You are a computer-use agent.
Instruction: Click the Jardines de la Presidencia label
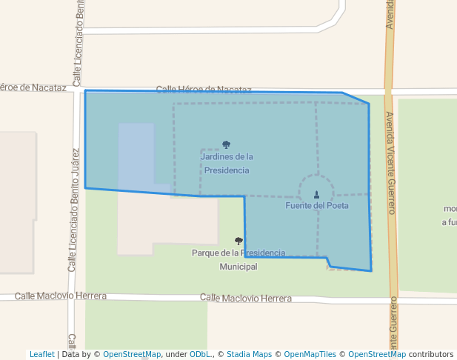coord(227,163)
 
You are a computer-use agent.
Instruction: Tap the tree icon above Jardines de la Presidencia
coord(226,145)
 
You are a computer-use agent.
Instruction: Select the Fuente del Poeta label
coord(317,205)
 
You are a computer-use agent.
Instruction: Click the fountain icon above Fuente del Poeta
coord(316,194)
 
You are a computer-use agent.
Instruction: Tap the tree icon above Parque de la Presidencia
coord(238,241)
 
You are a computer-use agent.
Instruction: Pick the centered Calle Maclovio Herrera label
coord(246,298)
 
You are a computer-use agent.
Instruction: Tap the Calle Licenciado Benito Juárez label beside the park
coord(74,209)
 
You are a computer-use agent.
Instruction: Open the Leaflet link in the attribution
coord(41,354)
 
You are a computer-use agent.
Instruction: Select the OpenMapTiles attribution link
coord(310,354)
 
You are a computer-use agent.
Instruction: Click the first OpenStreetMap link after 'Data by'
coord(131,354)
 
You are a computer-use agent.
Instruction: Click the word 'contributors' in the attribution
coord(431,354)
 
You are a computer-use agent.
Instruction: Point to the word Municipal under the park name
coord(238,267)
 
